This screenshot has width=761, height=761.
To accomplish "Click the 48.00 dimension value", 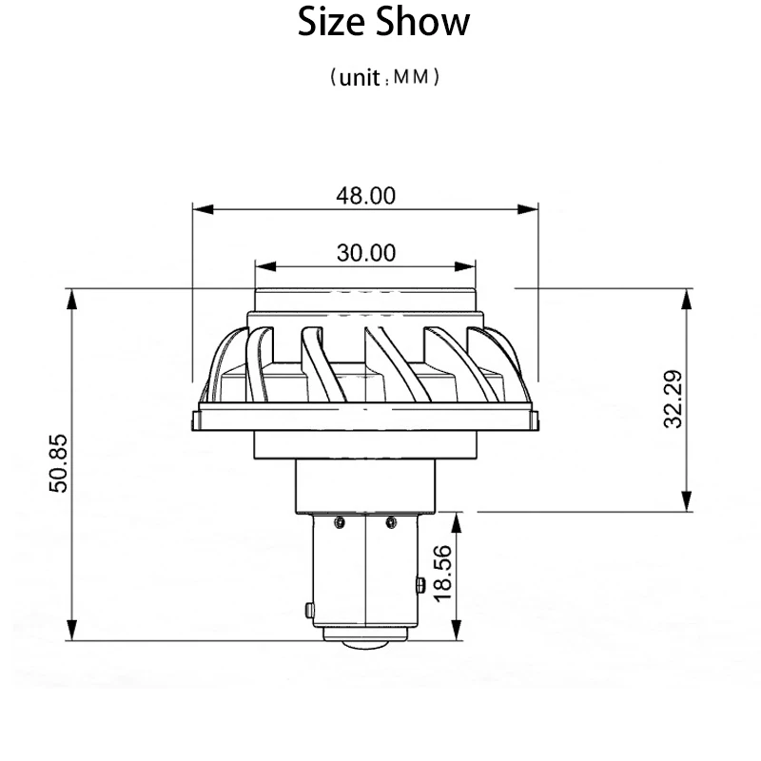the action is pos(366,196).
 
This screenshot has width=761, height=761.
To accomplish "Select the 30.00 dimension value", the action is pos(366,253).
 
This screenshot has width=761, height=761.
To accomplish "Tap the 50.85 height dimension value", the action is pos(59,463).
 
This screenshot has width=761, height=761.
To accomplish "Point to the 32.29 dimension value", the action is pos(673,399).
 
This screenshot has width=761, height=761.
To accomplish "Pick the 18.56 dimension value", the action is pos(442,574).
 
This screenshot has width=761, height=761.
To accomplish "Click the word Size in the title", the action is pos(331,22).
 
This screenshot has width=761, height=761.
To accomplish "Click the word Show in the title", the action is pos(422,22).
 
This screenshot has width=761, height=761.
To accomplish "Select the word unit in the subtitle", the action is pos(360,78).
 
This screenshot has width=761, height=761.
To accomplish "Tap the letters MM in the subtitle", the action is pos(412,77).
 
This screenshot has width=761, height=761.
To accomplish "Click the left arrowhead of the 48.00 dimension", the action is pos(203,209).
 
